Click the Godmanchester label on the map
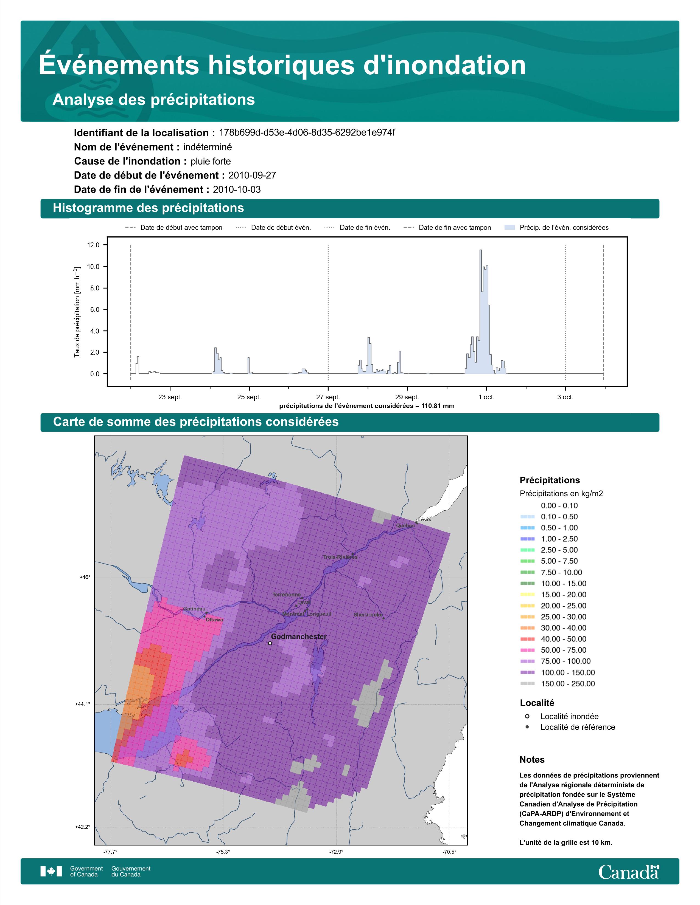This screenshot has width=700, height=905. (x=299, y=637)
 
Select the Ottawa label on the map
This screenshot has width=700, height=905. (x=214, y=620)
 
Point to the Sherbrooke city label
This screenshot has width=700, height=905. (x=368, y=615)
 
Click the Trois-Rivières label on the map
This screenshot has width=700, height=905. (x=340, y=557)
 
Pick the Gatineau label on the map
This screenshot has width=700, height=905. (x=194, y=609)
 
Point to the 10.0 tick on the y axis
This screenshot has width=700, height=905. (x=93, y=267)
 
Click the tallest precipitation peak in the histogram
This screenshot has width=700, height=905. (x=480, y=250)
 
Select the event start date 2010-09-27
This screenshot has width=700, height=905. (x=252, y=175)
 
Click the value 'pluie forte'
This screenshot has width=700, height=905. (x=211, y=161)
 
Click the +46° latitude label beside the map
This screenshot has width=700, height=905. (x=85, y=577)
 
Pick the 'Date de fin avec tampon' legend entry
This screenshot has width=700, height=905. (x=447, y=228)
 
